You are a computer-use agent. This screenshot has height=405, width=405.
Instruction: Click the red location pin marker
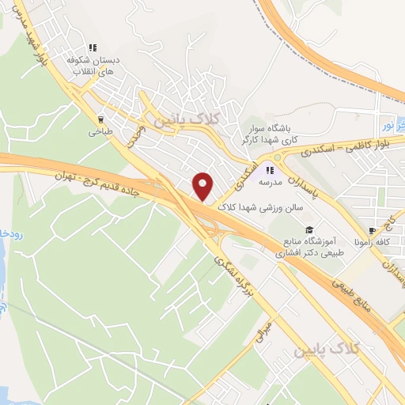[x=203, y=186]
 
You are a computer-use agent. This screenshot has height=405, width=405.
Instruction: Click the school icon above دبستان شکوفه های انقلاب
[x=93, y=48]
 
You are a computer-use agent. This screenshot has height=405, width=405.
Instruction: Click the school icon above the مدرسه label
[x=269, y=169]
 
